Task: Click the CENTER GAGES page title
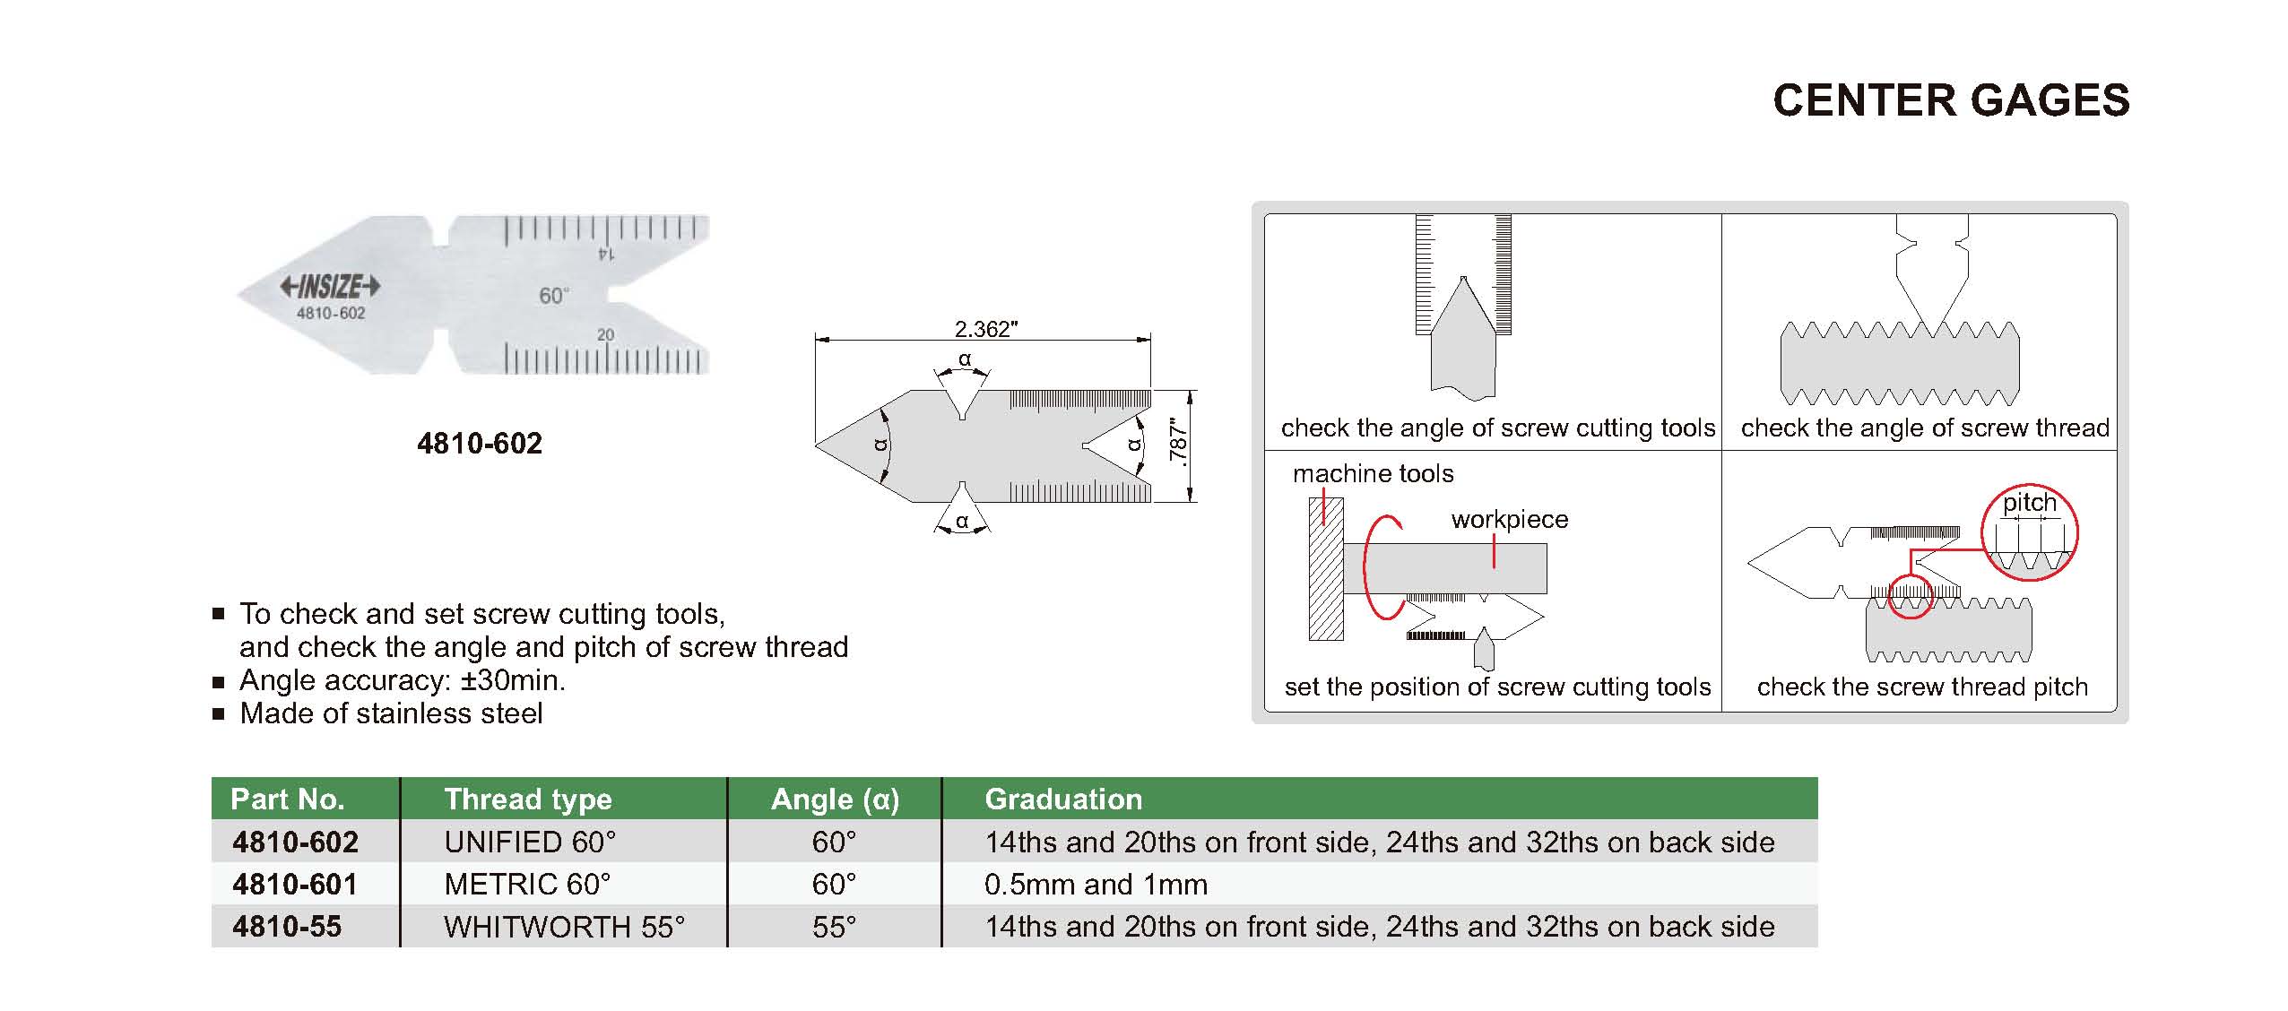coord(1951,99)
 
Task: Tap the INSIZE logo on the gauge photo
coord(330,286)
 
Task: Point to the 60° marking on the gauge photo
coord(554,295)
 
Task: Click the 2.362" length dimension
coord(985,329)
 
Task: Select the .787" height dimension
coord(1178,445)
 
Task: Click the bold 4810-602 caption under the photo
coord(480,443)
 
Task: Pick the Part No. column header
coord(287,799)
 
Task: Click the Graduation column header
coord(1063,799)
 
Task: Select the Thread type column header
coord(528,799)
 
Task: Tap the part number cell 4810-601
coord(295,885)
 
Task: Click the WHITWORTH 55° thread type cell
coord(564,927)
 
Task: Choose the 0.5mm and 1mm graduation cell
coord(1096,885)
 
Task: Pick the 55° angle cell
coord(834,927)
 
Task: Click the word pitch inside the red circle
coord(2030,503)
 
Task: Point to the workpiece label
coord(1510,520)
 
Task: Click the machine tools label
coord(1373,473)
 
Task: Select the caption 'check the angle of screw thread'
coord(1925,428)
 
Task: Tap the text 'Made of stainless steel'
coord(391,713)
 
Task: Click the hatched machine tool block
coord(1326,568)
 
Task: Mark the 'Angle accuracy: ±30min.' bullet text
coord(403,680)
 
